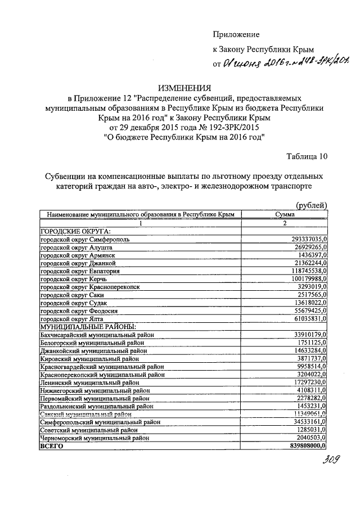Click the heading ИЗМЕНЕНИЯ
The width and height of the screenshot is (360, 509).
(x=184, y=87)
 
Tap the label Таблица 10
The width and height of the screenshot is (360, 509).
(x=307, y=156)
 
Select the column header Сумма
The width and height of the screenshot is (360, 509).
(x=285, y=214)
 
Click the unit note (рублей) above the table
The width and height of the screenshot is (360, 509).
(x=311, y=205)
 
